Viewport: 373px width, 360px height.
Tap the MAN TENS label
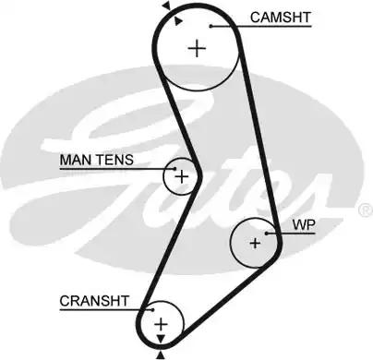97,160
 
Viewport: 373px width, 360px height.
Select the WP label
303,224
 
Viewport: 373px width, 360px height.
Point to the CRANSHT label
96,301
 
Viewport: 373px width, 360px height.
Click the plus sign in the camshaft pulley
197,48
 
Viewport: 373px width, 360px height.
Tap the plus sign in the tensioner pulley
182,174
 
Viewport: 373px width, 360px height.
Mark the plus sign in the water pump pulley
255,243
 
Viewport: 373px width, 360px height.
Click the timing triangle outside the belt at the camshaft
165,6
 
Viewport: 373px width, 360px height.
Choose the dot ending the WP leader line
266,233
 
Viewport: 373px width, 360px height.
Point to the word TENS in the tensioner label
115,160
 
